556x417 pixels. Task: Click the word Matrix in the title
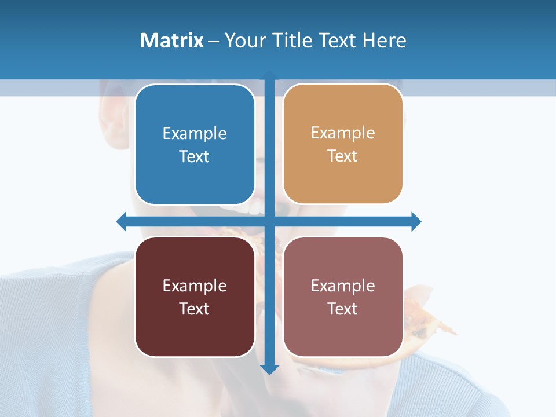[x=171, y=41]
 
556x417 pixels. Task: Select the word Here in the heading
[x=385, y=41]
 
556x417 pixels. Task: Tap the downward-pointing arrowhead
[x=269, y=370]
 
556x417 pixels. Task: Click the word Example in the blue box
[x=195, y=133]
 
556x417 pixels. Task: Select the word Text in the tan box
[x=343, y=156]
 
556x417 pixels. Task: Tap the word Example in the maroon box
[x=195, y=286]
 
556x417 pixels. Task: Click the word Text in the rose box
[x=343, y=309]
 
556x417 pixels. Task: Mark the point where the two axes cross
[x=269, y=221]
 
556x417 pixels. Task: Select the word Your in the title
[x=242, y=41]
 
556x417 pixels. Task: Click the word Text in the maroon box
[x=195, y=309]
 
